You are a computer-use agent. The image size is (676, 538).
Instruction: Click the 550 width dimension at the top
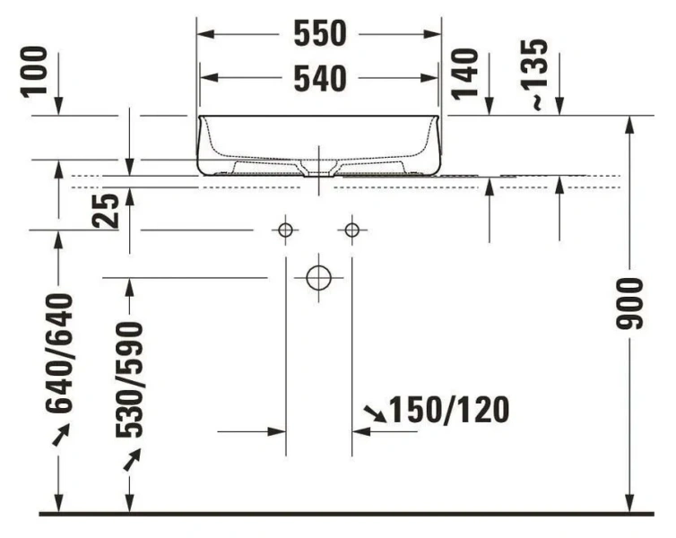[x=320, y=34]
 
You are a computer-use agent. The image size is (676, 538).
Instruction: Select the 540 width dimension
[x=320, y=79]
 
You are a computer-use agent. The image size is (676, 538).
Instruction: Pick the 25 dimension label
[x=107, y=213]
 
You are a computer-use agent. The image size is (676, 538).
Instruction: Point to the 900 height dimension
[x=633, y=303]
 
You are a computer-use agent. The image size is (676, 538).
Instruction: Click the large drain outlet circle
[x=318, y=277]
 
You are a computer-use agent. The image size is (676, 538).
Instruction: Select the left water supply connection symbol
[x=285, y=230]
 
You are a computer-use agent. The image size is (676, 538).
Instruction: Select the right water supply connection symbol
[x=351, y=230]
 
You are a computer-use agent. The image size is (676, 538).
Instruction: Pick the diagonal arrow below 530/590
[x=131, y=460]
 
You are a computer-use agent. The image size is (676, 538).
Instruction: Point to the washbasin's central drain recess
[x=318, y=167]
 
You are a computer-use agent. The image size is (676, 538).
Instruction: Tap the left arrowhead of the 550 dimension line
[x=204, y=34]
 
